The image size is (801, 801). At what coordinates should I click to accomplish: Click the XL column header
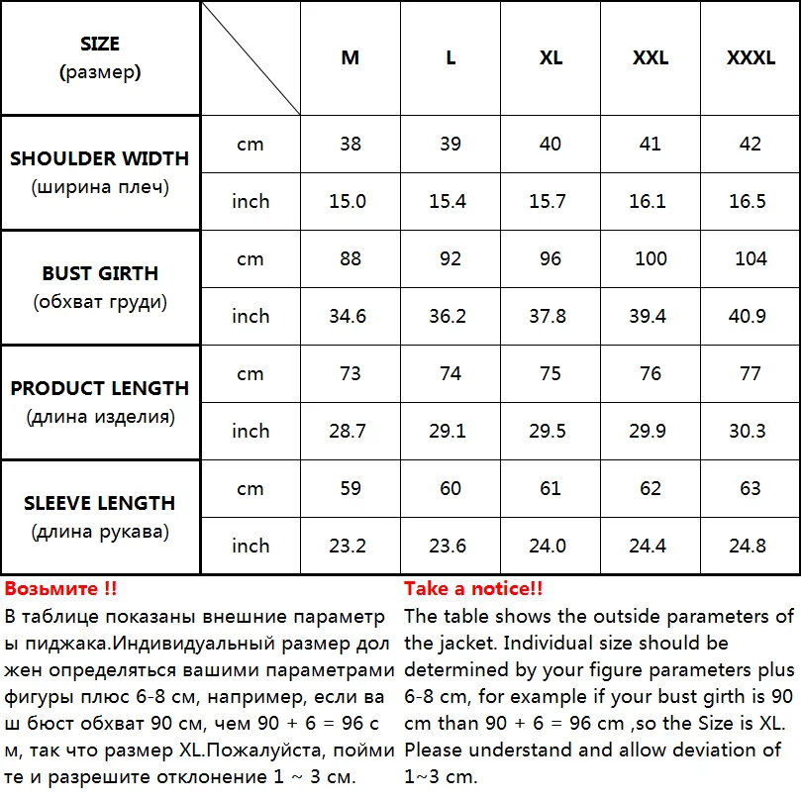(551, 57)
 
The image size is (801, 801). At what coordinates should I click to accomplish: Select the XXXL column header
(751, 57)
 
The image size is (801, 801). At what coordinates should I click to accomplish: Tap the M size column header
(350, 57)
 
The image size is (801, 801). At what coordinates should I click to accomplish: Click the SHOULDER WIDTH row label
(100, 158)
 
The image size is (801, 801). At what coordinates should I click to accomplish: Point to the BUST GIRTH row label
(100, 273)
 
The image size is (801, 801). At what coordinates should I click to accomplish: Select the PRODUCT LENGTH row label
(100, 388)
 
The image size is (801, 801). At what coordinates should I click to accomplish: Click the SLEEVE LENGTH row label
(100, 503)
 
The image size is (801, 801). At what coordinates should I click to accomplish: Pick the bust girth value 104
(751, 258)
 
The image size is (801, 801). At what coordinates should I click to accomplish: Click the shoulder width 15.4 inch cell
(451, 201)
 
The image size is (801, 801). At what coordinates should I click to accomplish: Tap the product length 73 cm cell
(350, 373)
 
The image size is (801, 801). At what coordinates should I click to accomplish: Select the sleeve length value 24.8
(751, 546)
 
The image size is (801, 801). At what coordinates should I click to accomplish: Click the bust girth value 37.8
(551, 316)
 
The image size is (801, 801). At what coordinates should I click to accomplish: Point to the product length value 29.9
(650, 431)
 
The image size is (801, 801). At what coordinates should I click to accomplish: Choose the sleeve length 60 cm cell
(451, 488)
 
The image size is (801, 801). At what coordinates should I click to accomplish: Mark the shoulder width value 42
(751, 144)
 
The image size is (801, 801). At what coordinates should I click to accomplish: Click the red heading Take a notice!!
(473, 589)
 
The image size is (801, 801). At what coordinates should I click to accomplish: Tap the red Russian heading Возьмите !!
(61, 589)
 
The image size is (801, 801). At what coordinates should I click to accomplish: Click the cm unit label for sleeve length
(250, 488)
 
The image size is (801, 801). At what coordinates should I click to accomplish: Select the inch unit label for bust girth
(250, 316)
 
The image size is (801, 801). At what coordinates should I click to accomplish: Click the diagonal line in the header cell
(250, 57)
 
